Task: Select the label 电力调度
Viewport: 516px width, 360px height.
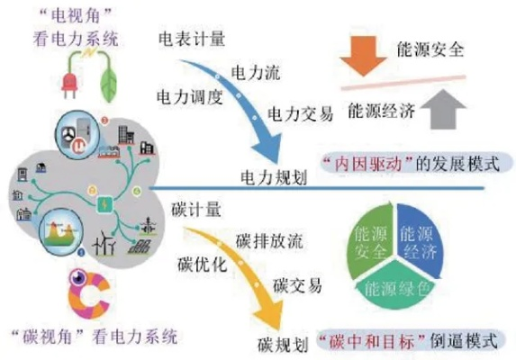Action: [189, 94]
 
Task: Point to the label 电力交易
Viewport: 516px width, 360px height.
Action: [301, 113]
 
